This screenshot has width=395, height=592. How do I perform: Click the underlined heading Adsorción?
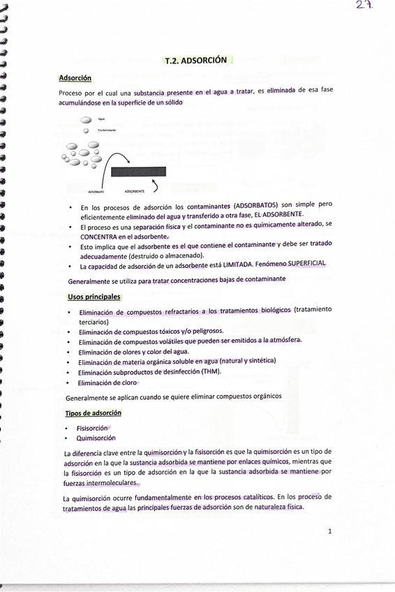pos(75,78)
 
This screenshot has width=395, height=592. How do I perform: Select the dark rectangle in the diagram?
pos(138,172)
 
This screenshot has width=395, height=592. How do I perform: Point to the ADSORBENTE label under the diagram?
pos(135,191)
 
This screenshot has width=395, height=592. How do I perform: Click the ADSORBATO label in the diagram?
pos(96,191)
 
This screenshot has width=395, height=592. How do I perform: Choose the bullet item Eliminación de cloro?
pos(107,383)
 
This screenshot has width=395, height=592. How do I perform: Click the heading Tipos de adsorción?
pos(94,413)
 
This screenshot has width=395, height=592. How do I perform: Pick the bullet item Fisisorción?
pos(92,428)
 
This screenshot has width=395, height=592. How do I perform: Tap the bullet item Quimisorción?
pos(96,438)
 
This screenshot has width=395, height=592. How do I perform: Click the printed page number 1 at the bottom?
pos(329,531)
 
